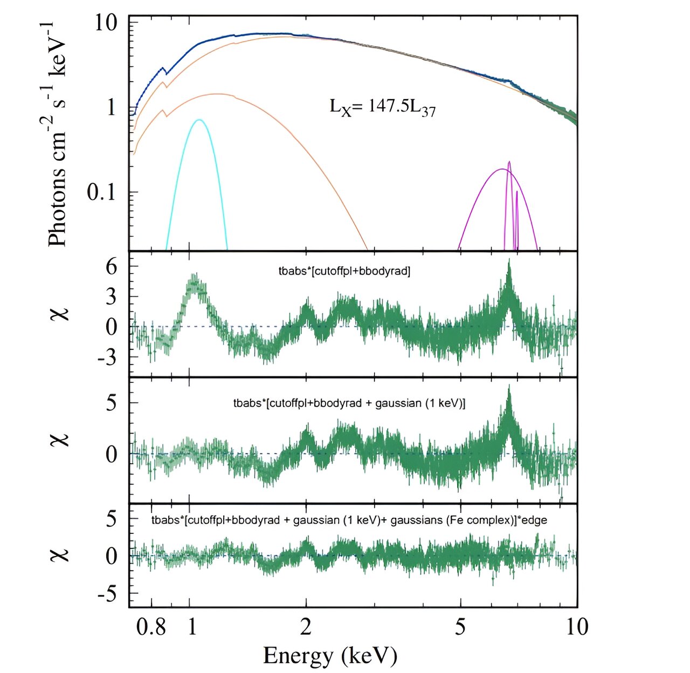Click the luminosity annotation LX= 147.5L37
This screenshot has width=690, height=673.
(382, 107)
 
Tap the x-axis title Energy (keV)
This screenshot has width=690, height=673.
(330, 655)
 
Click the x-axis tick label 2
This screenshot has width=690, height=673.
(306, 627)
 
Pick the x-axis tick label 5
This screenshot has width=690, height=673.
(460, 627)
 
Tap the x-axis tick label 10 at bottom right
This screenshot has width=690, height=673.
(575, 627)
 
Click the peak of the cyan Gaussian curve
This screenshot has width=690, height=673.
(199, 120)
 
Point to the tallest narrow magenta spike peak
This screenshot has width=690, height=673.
(509, 162)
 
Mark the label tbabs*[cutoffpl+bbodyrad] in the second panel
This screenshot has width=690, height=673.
(344, 271)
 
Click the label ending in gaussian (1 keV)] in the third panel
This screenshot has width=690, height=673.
(349, 403)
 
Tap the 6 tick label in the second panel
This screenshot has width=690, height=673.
(111, 266)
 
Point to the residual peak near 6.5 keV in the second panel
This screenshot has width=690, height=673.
(508, 262)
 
